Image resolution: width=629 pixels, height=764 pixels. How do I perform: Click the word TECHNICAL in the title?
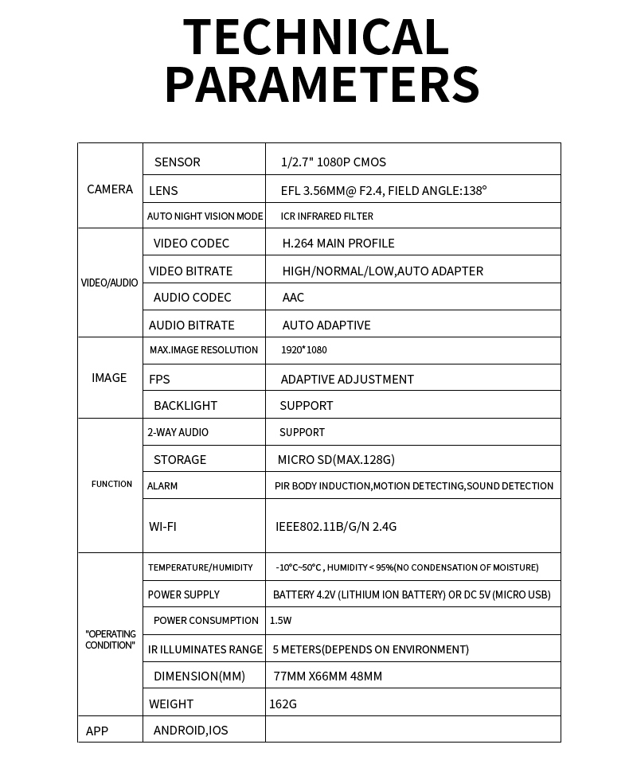[316, 37]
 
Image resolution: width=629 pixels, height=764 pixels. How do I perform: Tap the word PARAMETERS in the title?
[322, 84]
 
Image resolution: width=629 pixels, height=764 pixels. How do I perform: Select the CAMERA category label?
[110, 189]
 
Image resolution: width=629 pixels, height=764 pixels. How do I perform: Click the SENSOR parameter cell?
[178, 162]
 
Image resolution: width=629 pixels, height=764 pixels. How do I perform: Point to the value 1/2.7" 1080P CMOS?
[334, 162]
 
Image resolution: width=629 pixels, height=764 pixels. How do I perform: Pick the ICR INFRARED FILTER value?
[326, 216]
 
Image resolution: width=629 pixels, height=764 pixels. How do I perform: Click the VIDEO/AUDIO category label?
[110, 283]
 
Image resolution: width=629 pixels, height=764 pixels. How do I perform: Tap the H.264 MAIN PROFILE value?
[338, 244]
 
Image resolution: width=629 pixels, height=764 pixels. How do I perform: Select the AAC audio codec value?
[293, 298]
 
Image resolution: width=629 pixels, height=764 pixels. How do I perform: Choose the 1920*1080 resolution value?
[303, 350]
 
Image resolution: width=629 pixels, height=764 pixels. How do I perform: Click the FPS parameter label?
[159, 380]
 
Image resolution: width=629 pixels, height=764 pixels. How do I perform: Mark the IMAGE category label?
[109, 378]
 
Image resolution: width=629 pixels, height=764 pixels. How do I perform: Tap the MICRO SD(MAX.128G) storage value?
[336, 460]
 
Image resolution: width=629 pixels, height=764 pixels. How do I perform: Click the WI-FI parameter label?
[162, 527]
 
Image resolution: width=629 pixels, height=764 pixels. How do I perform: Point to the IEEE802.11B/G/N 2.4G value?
[336, 527]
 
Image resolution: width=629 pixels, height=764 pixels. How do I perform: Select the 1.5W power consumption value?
[281, 621]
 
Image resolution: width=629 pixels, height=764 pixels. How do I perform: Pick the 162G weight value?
[283, 704]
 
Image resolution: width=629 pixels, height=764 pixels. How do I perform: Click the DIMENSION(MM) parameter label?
[199, 676]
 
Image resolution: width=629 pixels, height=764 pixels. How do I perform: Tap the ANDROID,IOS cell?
[190, 731]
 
